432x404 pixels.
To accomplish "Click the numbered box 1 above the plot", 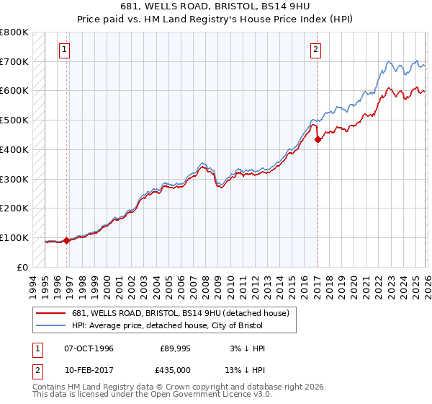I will [66, 50].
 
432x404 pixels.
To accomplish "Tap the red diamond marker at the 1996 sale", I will [67, 241].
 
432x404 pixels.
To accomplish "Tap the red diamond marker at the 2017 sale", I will [318, 140].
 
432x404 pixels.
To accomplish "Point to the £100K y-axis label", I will [14, 237].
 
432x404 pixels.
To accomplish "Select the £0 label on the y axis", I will [23, 267].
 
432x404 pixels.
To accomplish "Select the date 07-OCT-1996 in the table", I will [89, 348].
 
